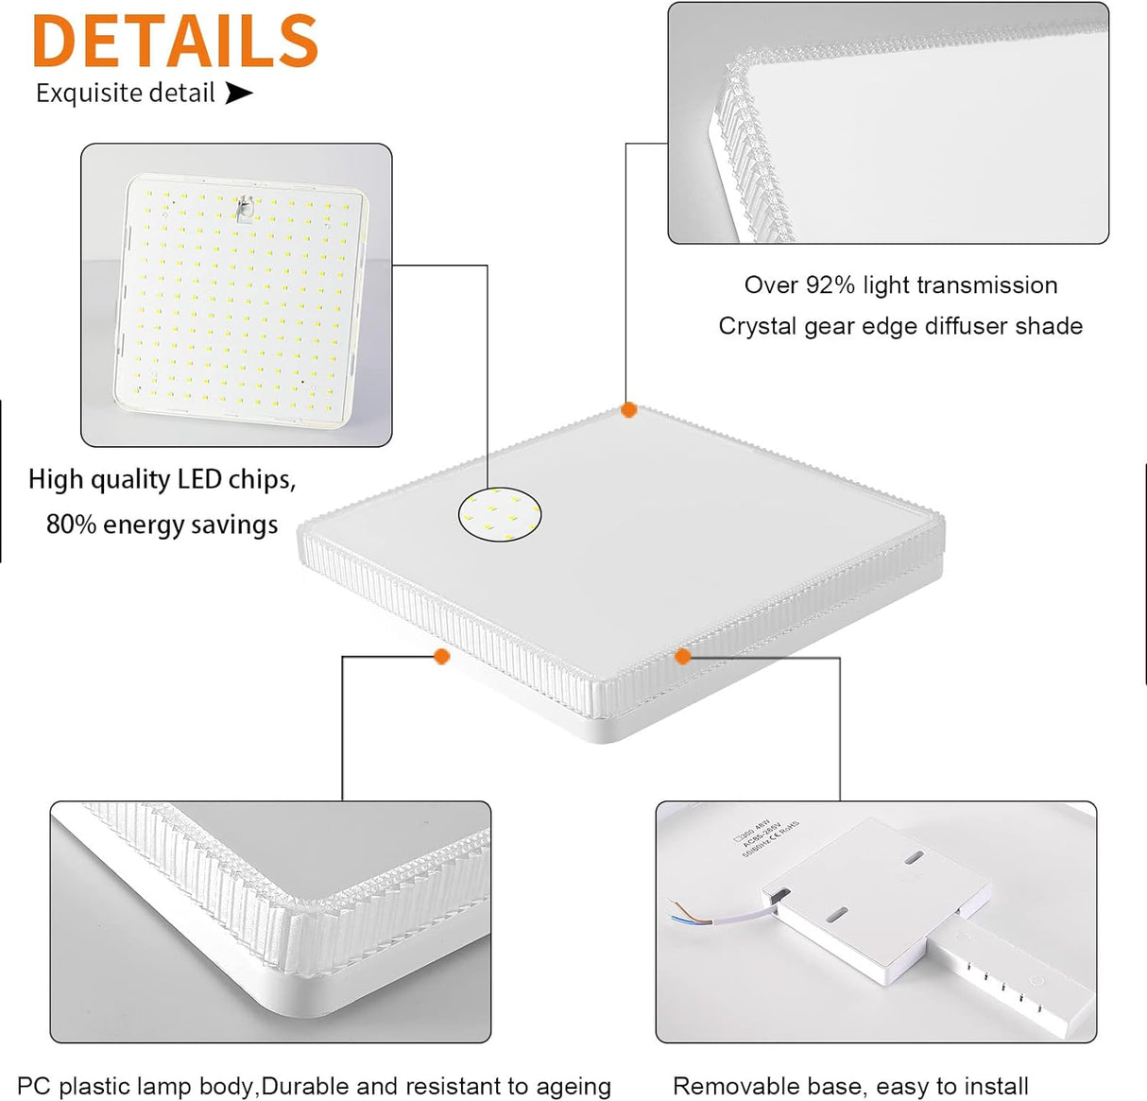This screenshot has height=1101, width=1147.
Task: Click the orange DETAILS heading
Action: click(x=175, y=41)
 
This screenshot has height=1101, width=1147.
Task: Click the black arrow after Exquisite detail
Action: click(x=239, y=93)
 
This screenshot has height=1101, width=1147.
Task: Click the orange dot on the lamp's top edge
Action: click(x=628, y=409)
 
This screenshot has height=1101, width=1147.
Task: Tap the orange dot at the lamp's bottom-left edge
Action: click(x=441, y=656)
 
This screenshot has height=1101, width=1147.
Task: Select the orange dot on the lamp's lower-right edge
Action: click(x=683, y=656)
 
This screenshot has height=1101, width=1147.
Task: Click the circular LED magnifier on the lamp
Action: click(x=500, y=514)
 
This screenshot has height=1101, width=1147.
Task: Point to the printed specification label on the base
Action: click(x=767, y=832)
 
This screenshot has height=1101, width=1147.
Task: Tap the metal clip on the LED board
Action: click(x=246, y=208)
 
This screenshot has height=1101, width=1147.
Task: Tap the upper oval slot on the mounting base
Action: click(x=913, y=858)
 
